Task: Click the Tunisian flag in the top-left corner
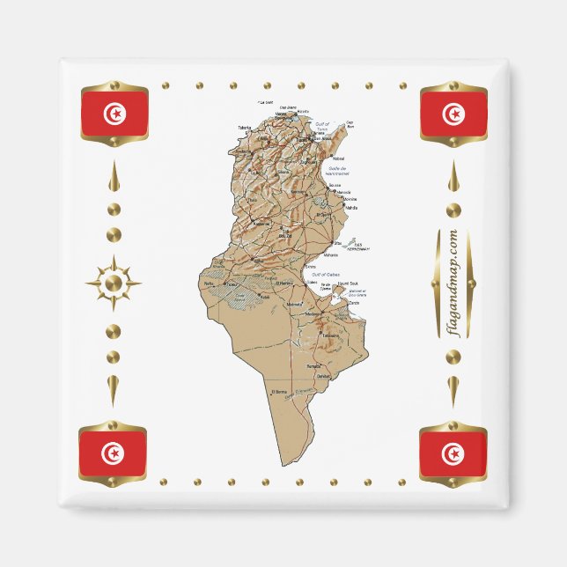click(114, 113)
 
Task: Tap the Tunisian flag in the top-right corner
click(453, 113)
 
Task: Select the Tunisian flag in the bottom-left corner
click(113, 453)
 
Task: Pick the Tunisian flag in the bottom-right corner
click(453, 453)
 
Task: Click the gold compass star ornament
click(114, 283)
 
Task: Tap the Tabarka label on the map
click(245, 128)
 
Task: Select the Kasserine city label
click(262, 223)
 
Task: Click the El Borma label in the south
click(279, 391)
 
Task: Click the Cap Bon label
click(350, 124)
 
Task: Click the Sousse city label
click(335, 185)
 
